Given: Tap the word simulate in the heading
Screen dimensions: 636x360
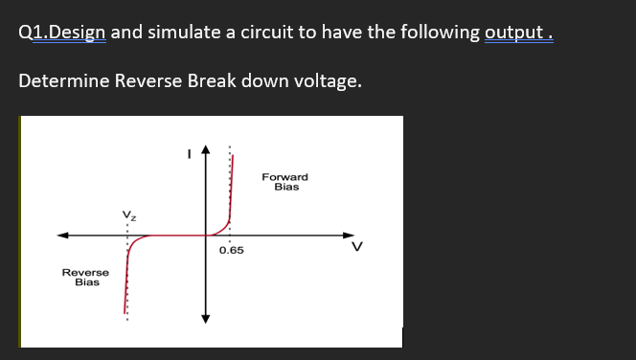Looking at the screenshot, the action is (x=184, y=33).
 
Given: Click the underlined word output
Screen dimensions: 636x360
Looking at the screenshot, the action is (x=516, y=33).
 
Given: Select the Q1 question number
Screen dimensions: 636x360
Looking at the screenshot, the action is (x=32, y=33).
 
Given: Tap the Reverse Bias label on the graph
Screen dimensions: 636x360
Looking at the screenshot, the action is (x=86, y=278).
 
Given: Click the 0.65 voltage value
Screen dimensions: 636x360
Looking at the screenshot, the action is (x=231, y=250).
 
